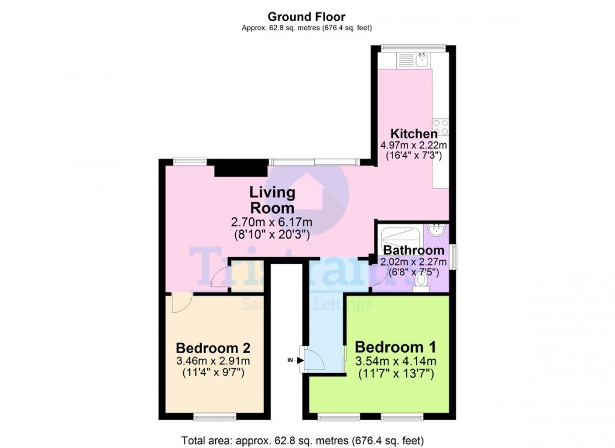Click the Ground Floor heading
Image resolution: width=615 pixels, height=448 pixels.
click(x=306, y=16)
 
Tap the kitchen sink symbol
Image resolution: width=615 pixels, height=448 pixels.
click(x=420, y=60)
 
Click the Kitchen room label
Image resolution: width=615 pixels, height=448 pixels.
click(x=413, y=133)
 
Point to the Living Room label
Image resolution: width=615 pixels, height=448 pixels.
click(x=273, y=200)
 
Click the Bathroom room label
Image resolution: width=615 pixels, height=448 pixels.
click(x=414, y=250)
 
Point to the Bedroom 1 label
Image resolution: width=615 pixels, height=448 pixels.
click(x=395, y=348)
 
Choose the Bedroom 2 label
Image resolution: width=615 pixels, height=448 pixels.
click(x=213, y=348)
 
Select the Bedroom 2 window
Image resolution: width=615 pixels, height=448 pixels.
click(x=214, y=415)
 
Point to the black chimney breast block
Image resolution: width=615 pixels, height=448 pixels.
click(x=241, y=168)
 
